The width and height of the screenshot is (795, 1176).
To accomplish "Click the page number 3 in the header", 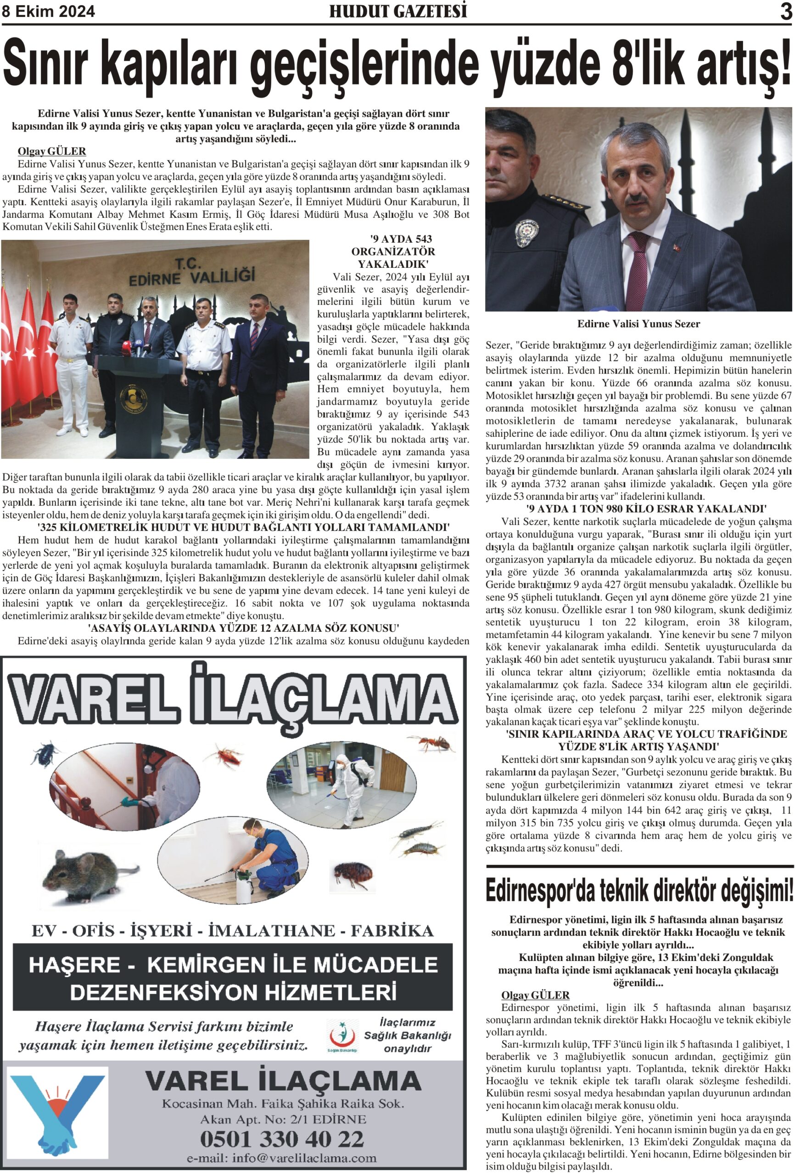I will pyautogui.click(x=785, y=11).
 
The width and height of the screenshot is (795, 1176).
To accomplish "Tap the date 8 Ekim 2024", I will pyautogui.click(x=49, y=11).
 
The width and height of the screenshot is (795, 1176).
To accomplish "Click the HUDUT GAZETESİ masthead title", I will pyautogui.click(x=398, y=11).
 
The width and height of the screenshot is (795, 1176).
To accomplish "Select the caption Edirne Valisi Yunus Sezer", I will pyautogui.click(x=638, y=324).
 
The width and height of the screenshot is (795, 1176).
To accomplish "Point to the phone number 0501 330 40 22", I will pyautogui.click(x=282, y=1139).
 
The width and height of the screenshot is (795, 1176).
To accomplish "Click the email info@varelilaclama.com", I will pyautogui.click(x=282, y=1158).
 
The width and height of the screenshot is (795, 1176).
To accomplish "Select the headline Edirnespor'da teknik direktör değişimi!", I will pyautogui.click(x=639, y=892).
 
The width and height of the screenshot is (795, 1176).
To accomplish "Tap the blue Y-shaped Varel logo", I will pyautogui.click(x=58, y=1112).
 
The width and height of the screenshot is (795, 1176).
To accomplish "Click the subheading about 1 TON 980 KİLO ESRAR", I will pyautogui.click(x=646, y=509).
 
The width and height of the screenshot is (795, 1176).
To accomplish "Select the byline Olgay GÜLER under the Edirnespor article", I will pyautogui.click(x=535, y=995).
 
